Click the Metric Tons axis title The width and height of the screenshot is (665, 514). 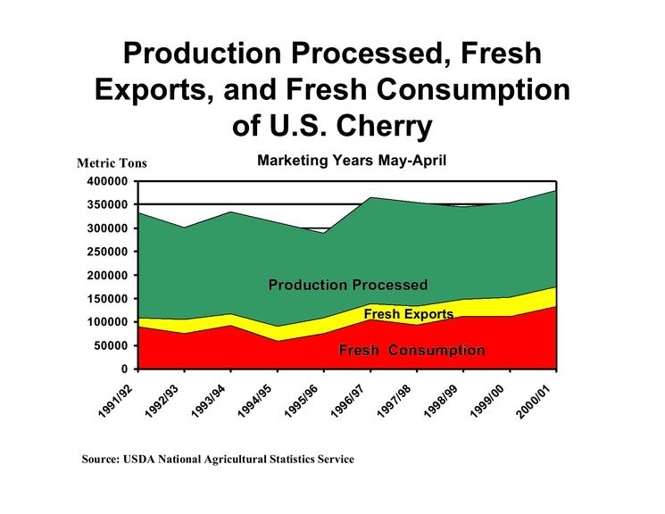(x=112, y=163)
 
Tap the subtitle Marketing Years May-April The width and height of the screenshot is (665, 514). (x=351, y=162)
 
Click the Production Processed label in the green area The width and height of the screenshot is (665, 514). (x=348, y=285)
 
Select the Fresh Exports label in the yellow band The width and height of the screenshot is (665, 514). (x=408, y=314)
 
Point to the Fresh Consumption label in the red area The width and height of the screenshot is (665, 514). (x=411, y=351)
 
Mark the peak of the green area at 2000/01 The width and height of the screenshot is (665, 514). (x=556, y=191)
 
